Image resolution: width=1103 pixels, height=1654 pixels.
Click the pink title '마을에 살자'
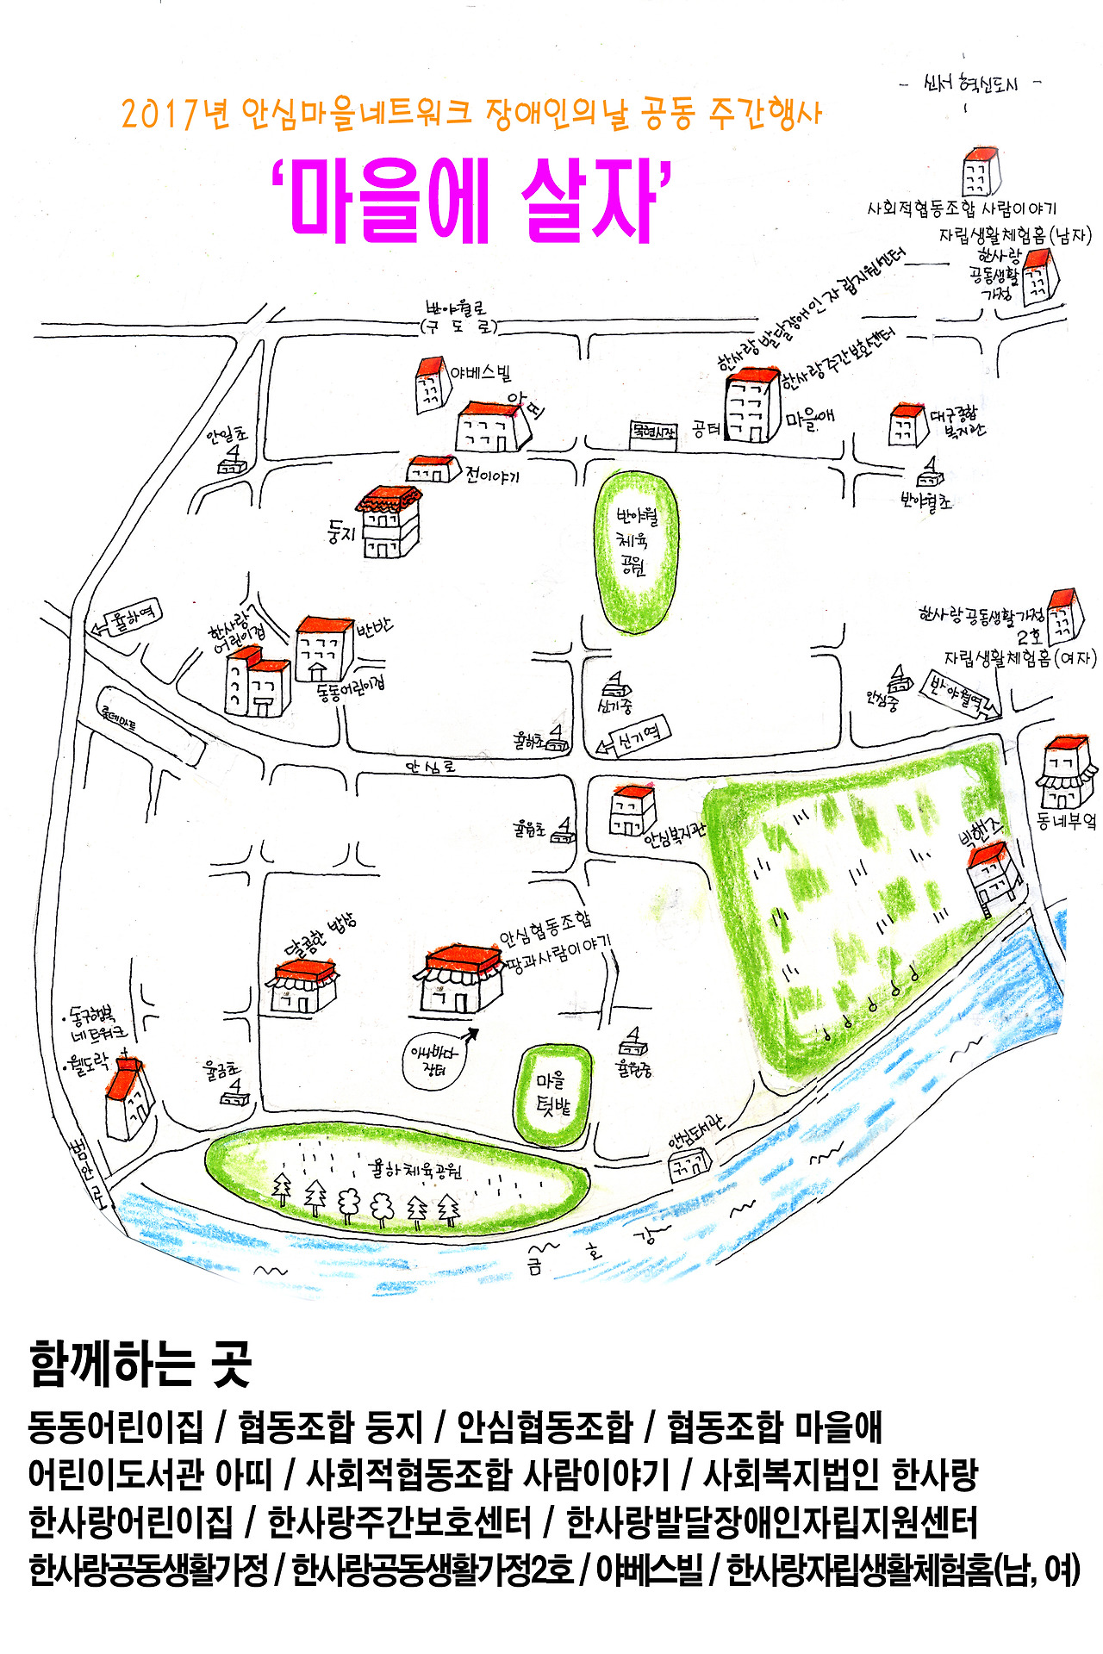(470, 201)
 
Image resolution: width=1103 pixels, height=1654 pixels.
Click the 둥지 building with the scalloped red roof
(390, 522)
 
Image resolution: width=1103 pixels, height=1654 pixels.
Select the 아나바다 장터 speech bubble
(434, 1060)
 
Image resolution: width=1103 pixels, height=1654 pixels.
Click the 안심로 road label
(430, 766)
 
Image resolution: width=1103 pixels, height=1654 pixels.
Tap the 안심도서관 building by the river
(689, 1166)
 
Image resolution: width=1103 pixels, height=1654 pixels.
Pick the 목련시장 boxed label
(652, 431)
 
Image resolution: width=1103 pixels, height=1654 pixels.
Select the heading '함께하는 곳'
(140, 1364)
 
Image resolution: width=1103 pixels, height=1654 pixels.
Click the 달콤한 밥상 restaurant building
(304, 987)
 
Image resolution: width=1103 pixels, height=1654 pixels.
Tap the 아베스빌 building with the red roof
(429, 385)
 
